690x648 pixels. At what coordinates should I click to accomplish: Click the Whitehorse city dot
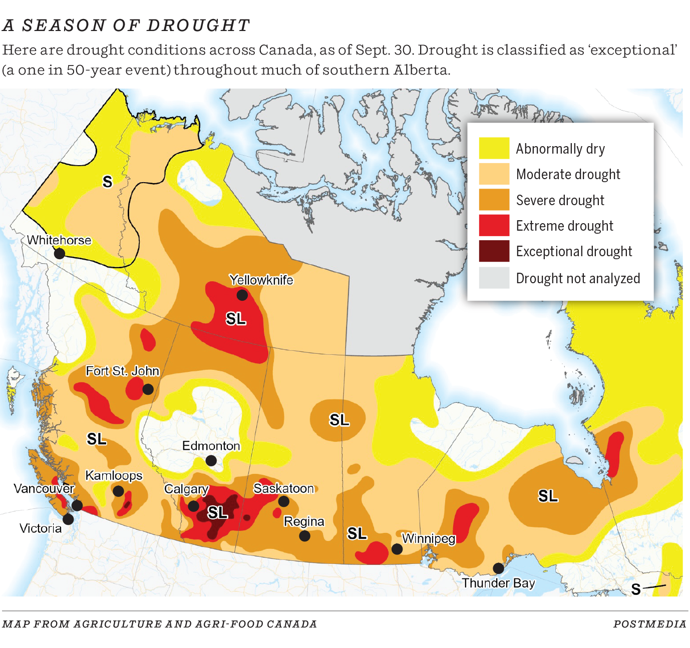60,253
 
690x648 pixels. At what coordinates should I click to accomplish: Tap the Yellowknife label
261,280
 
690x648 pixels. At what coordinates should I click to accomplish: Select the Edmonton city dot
211,460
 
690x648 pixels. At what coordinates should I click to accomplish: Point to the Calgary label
186,489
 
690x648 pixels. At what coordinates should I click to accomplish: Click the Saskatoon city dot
283,501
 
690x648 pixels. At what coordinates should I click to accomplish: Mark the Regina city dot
304,536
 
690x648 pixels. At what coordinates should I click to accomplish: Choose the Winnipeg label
429,538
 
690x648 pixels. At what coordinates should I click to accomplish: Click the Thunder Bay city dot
498,568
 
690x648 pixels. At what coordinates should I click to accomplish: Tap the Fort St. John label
122,371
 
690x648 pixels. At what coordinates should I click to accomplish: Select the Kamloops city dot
118,491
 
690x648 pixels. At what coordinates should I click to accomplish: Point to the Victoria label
41,528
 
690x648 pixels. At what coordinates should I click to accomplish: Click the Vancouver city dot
77,505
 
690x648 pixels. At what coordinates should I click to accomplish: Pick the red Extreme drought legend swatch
494,226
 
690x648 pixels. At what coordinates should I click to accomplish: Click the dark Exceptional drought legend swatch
494,251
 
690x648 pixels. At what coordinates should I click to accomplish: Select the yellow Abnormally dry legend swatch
494,149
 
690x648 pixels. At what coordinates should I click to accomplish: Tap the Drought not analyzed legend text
578,278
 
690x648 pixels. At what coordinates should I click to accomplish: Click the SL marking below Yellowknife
235,319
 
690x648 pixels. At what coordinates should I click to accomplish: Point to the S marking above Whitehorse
107,182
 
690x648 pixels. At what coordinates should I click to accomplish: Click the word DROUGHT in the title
198,26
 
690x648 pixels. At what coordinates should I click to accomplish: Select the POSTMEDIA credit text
649,624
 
